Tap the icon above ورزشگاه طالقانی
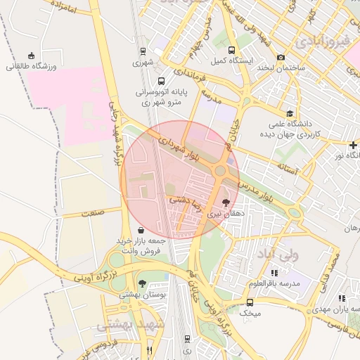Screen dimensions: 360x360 pos(30,56)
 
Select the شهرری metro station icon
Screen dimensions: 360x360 pos(143,51)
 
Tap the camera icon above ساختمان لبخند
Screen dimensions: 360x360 pos(281,57)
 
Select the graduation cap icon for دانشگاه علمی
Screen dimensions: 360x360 pos(289,113)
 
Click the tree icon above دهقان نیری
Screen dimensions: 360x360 pos(225,202)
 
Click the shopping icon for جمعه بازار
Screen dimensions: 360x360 pos(141,230)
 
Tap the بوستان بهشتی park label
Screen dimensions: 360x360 pos(143,297)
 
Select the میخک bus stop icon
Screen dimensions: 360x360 pos(250,302)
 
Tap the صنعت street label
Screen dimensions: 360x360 pos(92,212)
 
